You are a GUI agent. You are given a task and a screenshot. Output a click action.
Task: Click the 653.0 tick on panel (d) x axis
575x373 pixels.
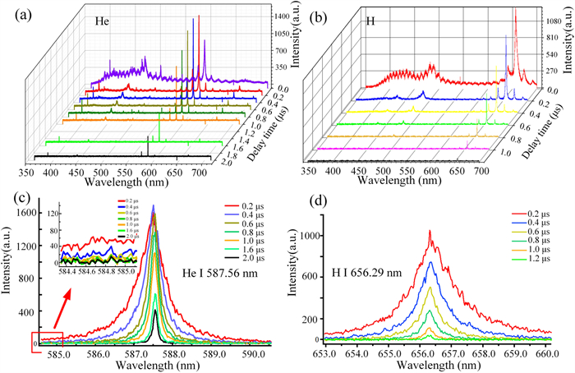coord(326,354)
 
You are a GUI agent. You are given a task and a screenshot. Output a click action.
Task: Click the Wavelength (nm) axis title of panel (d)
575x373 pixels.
coord(437,366)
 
